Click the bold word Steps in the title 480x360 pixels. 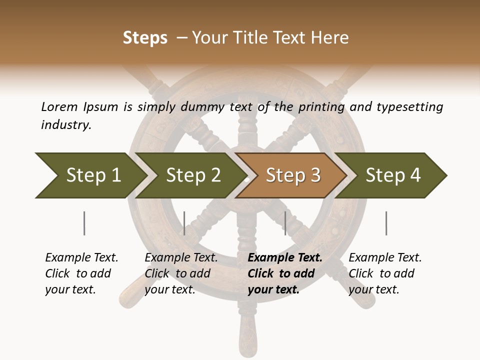145,38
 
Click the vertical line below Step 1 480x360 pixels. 84,223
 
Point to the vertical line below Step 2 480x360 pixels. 184,223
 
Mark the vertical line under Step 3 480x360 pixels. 285,223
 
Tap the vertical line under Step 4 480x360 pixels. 386,223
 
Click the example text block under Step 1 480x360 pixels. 81,273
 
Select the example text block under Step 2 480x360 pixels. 181,273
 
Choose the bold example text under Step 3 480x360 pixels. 285,273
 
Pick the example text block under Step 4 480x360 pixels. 385,273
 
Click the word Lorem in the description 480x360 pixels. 59,106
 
